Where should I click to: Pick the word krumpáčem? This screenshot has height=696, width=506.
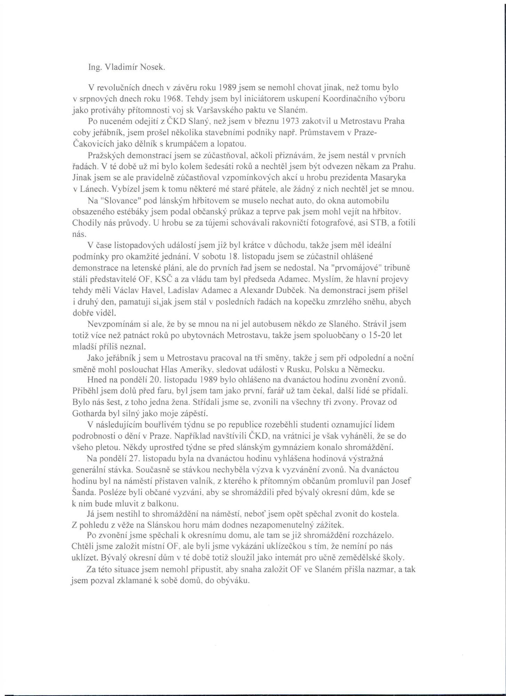[194, 144]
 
